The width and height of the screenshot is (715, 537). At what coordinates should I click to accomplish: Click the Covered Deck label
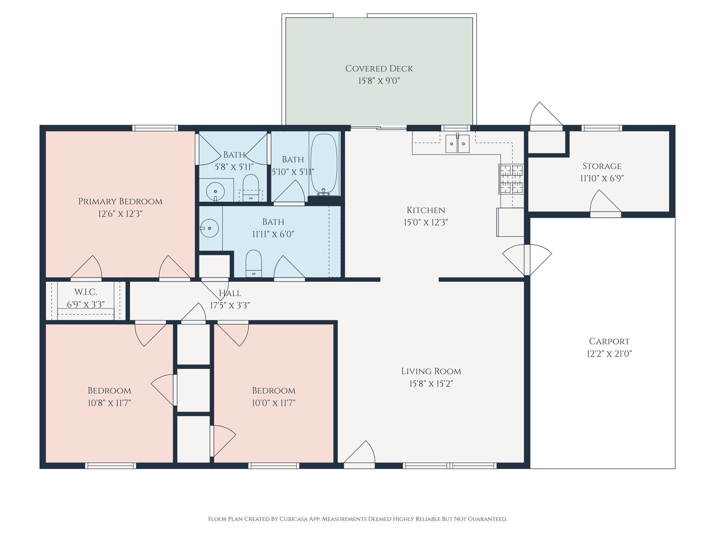point(379,69)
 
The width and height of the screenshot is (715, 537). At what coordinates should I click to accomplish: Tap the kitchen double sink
point(457,144)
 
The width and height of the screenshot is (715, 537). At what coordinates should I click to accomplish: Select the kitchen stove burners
point(511,179)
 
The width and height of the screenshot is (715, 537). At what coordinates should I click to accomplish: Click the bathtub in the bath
point(324,163)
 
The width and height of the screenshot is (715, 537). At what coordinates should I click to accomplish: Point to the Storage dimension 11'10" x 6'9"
point(602,178)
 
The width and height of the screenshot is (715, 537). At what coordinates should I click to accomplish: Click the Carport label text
point(609,341)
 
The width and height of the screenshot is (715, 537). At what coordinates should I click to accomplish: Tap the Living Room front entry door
point(360,454)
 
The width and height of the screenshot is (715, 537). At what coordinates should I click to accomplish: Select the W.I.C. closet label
point(86,292)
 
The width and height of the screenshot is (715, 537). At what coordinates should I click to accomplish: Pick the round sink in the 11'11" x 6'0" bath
point(209,228)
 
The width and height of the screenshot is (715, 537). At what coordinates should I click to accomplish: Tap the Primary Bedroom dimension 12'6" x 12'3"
point(120,214)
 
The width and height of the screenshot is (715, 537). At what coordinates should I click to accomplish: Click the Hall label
point(230,293)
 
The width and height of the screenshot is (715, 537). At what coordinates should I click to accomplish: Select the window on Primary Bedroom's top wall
point(155,128)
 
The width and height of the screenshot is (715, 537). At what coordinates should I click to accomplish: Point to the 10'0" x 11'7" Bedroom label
point(274,391)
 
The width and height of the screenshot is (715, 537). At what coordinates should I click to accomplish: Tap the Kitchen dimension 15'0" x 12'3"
point(426,222)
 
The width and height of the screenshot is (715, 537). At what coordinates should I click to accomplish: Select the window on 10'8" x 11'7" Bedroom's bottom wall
point(110,466)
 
